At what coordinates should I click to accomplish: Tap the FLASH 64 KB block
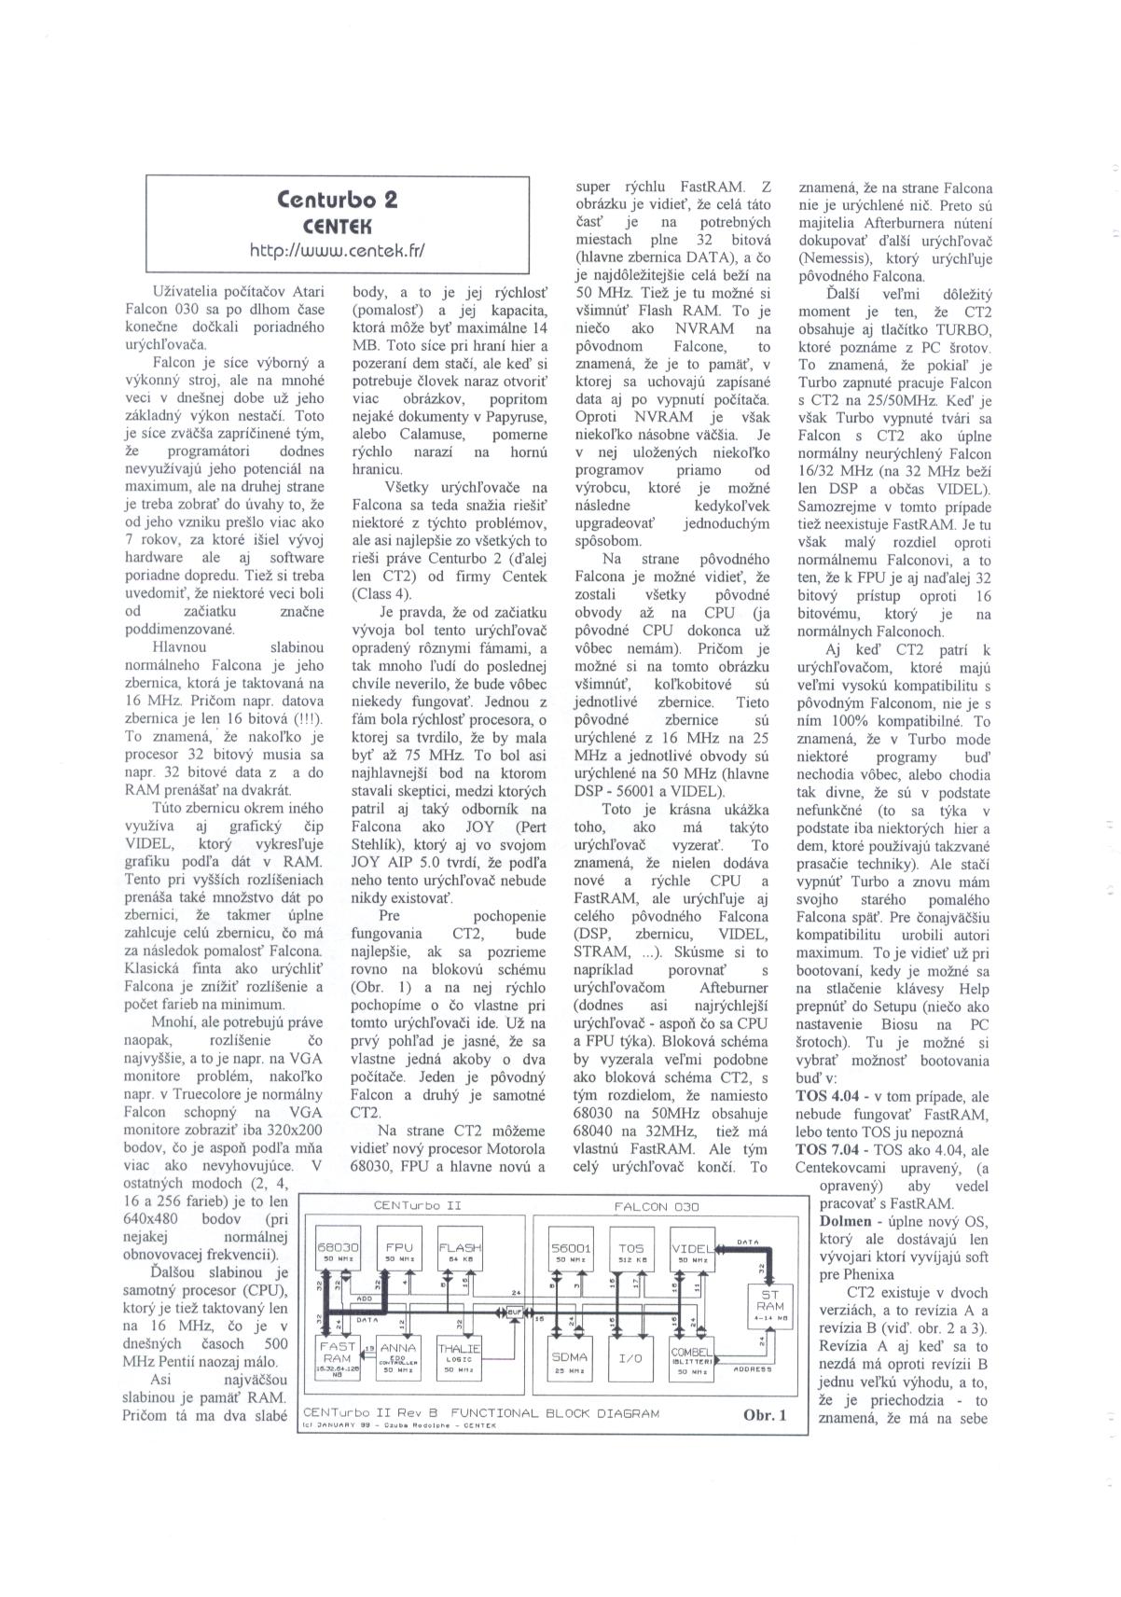click(460, 1252)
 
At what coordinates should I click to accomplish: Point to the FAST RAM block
click(336, 1359)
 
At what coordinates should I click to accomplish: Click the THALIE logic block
click(460, 1359)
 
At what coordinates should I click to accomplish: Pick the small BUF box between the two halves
click(515, 1316)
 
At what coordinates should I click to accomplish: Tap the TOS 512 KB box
click(631, 1252)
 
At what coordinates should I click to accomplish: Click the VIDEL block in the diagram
click(692, 1252)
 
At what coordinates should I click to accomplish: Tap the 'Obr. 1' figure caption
click(765, 1414)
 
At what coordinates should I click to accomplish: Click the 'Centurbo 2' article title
click(338, 200)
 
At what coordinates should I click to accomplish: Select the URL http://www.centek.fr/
click(338, 250)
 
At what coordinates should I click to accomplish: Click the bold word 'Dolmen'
click(845, 1220)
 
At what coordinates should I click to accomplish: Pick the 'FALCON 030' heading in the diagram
click(655, 1206)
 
